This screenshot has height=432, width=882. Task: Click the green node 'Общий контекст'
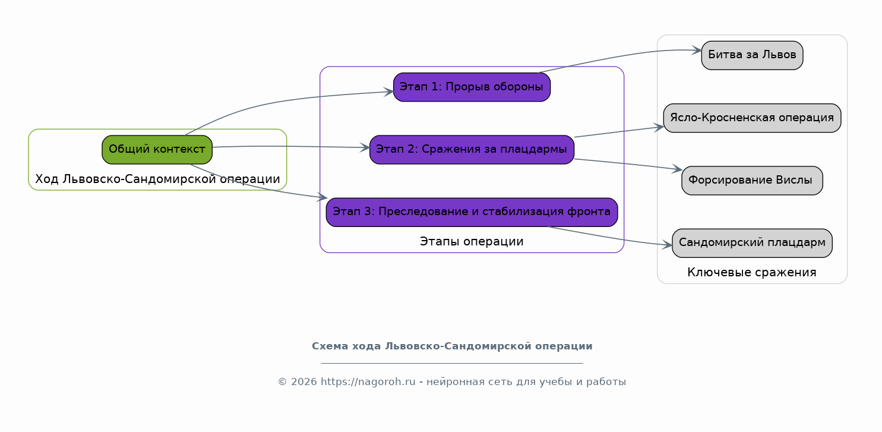coord(157,150)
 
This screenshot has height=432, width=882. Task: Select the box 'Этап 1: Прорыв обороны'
coord(472,87)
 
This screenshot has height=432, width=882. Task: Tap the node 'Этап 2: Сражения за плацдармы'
coord(472,150)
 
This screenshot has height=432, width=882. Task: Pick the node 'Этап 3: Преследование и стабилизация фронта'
coord(472,212)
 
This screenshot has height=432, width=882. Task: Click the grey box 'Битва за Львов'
coord(752,55)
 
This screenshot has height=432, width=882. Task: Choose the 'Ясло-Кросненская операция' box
coord(752,118)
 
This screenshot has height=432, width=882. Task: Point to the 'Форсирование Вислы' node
coord(752,181)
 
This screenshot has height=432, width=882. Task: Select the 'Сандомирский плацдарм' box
coord(752,244)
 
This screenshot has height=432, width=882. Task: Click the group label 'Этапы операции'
coord(472,241)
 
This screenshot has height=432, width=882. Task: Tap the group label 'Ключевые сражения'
coord(752,273)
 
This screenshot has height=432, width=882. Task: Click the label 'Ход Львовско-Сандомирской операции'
coord(157,179)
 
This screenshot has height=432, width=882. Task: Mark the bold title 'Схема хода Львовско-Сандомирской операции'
coord(452,346)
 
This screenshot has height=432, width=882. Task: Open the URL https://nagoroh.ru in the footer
coord(368,382)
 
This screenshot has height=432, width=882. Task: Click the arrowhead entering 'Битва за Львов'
coord(697,51)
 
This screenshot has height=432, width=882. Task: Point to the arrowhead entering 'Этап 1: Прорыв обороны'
coord(389,92)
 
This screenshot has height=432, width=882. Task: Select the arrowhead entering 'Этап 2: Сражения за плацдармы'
coord(365,148)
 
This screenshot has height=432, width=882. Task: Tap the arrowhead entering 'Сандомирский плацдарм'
coord(668,245)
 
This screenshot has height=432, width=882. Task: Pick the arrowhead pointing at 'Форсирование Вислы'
coord(677,169)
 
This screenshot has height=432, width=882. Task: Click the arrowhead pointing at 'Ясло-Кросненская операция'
coord(659,127)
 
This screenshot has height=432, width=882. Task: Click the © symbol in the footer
coord(282,382)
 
